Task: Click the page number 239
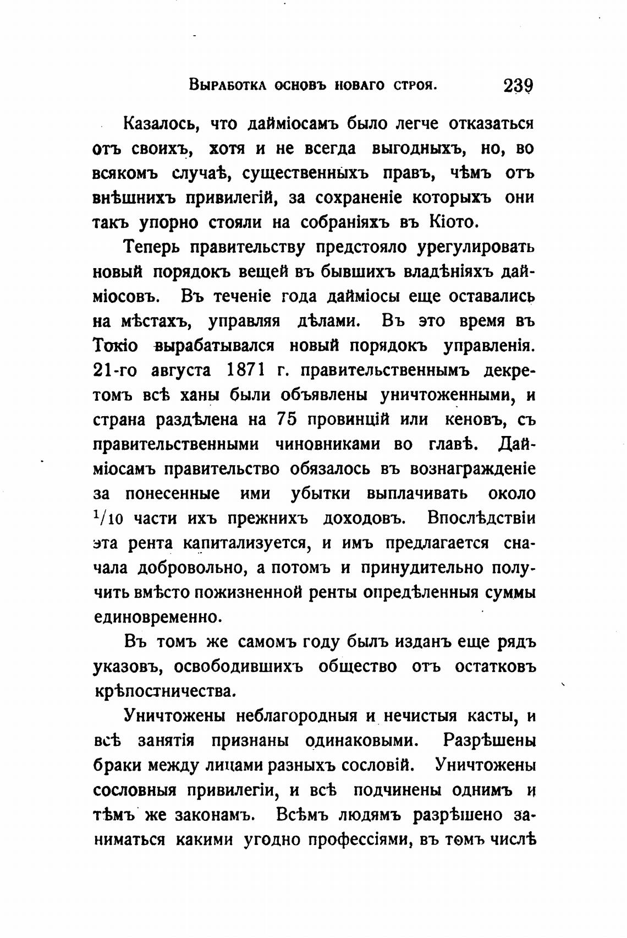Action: (518, 86)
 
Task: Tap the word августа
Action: (181, 371)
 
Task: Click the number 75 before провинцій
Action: (287, 419)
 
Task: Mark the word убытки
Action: (320, 493)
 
